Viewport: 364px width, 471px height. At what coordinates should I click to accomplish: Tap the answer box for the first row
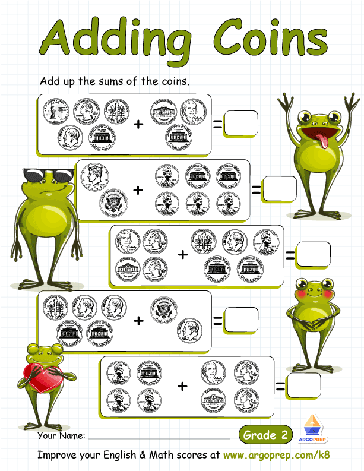(240, 124)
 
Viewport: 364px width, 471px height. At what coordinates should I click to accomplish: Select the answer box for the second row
(279, 189)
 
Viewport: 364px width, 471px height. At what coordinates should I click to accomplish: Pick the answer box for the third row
(313, 254)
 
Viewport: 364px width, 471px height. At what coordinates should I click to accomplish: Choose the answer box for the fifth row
(304, 385)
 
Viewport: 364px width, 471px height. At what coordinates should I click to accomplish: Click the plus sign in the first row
(138, 124)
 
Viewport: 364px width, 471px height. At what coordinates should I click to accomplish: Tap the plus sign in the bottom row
(182, 386)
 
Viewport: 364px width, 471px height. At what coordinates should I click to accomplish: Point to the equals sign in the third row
(290, 255)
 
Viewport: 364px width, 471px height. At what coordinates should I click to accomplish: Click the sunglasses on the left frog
(48, 175)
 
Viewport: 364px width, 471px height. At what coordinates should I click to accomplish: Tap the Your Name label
(61, 436)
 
